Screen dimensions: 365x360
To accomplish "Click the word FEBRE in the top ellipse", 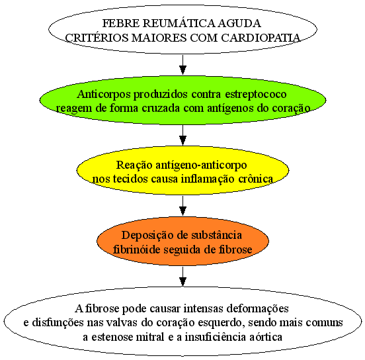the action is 121,23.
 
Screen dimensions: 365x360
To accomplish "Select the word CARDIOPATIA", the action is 261,38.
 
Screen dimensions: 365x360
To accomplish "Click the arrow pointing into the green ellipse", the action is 182,65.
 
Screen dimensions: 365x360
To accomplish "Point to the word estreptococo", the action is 256,95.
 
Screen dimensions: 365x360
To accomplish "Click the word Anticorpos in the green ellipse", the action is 104,95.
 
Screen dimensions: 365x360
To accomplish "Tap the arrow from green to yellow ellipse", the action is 182,136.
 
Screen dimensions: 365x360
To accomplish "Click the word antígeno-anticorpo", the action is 201,165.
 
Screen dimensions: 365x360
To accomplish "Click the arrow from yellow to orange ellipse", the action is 182,206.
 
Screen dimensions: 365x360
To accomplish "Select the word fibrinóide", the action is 136,249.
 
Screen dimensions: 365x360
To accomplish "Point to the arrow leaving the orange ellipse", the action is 182,277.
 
